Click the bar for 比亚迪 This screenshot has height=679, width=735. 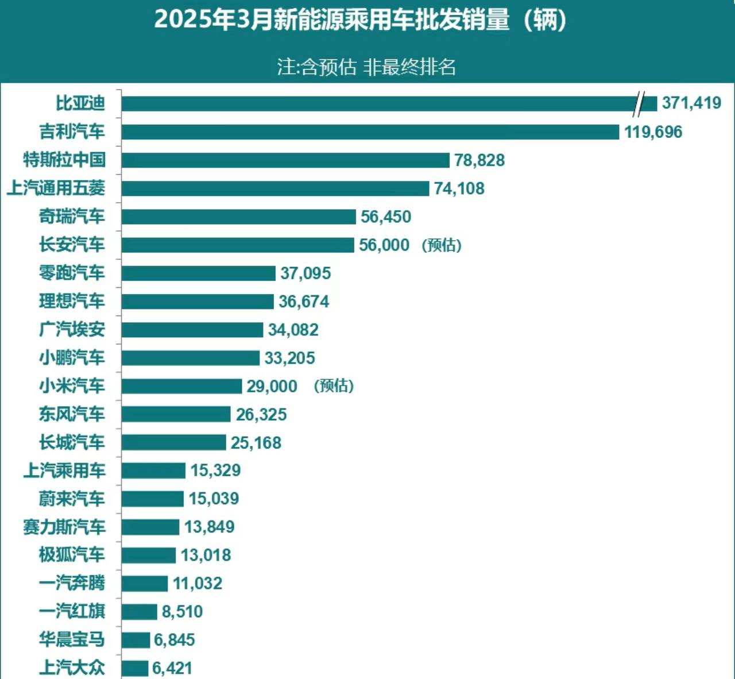(379, 103)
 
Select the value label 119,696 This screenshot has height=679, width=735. (653, 132)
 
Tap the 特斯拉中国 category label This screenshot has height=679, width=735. (64, 160)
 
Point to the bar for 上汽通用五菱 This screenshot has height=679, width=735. (275, 188)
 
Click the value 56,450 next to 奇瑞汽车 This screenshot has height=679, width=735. (386, 217)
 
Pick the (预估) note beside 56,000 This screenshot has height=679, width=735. (442, 245)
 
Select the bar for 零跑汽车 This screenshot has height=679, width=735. (198, 273)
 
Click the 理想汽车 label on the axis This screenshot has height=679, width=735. (72, 301)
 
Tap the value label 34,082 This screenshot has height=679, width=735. (293, 330)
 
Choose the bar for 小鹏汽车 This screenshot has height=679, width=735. (191, 358)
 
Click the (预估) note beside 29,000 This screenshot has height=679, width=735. (334, 386)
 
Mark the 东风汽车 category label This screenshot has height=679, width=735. (72, 414)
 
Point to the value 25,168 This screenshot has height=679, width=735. (256, 443)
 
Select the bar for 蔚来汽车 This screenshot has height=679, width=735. (153, 499)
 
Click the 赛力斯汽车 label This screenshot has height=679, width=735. (64, 527)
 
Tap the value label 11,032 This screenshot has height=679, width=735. (198, 584)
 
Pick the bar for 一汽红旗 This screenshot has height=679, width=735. (139, 612)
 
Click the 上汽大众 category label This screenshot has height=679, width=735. (72, 668)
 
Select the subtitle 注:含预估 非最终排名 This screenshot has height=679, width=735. (367, 67)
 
